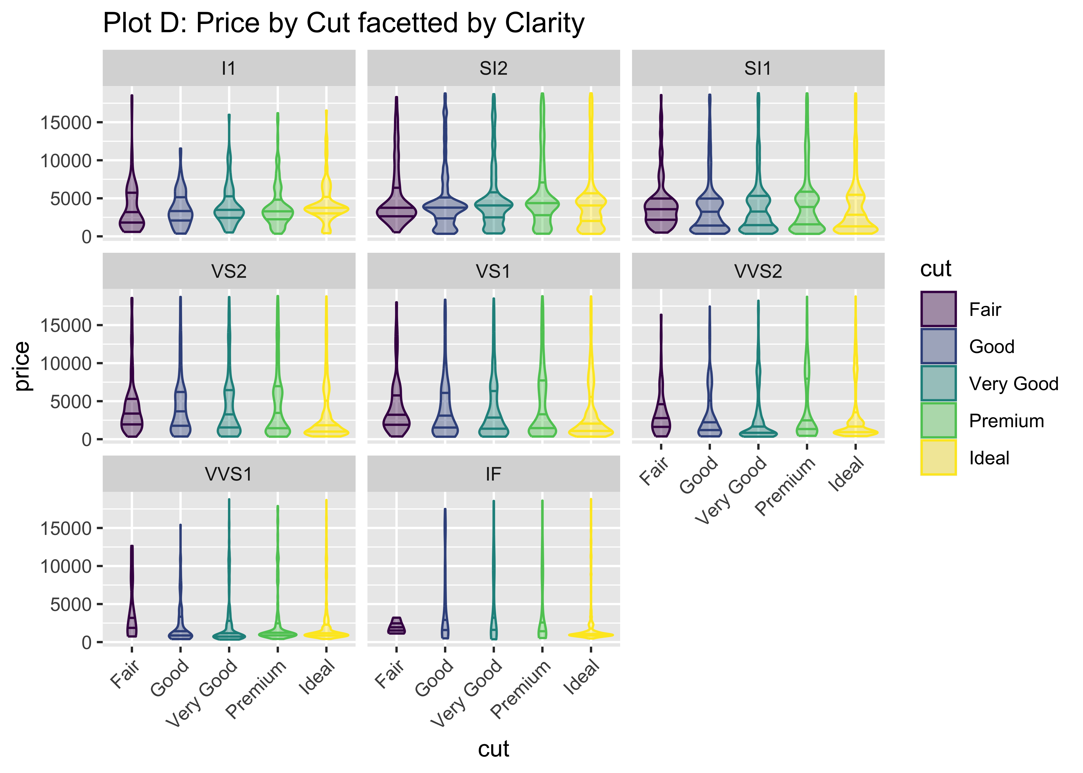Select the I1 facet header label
[229, 69]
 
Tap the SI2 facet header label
[493, 69]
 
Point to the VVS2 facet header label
[758, 271]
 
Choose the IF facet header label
[493, 474]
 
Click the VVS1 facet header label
[229, 474]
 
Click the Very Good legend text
[1013, 384]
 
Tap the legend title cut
[935, 269]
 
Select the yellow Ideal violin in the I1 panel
[326, 208]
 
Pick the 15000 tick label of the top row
[66, 123]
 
